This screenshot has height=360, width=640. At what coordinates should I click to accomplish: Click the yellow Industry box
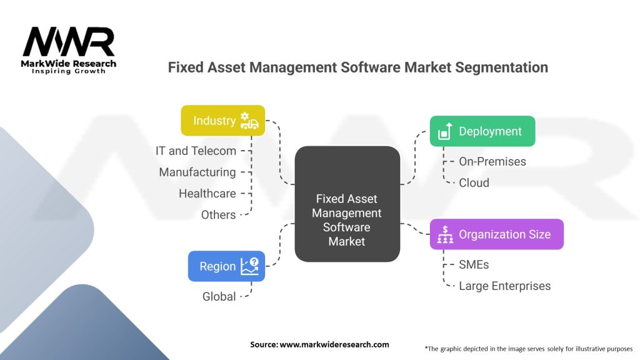tap(223, 121)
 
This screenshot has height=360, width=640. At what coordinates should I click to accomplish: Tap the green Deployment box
tap(482, 131)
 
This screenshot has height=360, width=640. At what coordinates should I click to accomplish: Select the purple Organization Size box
tap(497, 234)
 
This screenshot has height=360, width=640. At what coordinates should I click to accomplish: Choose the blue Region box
tap(226, 266)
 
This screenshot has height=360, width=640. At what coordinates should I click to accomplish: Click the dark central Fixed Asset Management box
tap(347, 204)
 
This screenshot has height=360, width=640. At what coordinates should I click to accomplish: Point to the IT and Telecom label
tap(196, 151)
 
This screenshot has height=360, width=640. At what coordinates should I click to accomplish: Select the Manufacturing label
tap(197, 172)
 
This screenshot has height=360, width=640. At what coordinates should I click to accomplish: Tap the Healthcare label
tap(207, 194)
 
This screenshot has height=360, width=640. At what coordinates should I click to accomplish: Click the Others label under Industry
tap(218, 215)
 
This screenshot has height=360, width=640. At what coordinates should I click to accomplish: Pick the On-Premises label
tap(492, 162)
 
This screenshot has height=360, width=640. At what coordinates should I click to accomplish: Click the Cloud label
tap(474, 183)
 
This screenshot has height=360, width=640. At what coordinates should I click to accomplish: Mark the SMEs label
tap(474, 264)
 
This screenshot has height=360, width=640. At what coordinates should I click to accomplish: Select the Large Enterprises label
tap(504, 286)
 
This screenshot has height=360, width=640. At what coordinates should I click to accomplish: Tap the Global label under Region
tap(219, 296)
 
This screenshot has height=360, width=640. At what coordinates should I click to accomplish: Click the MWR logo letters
tap(69, 42)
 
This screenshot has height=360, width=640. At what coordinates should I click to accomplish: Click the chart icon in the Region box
tap(249, 266)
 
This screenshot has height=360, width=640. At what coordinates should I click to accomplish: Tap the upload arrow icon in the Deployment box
tap(445, 131)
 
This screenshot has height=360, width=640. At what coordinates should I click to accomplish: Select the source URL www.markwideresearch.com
tap(334, 344)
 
